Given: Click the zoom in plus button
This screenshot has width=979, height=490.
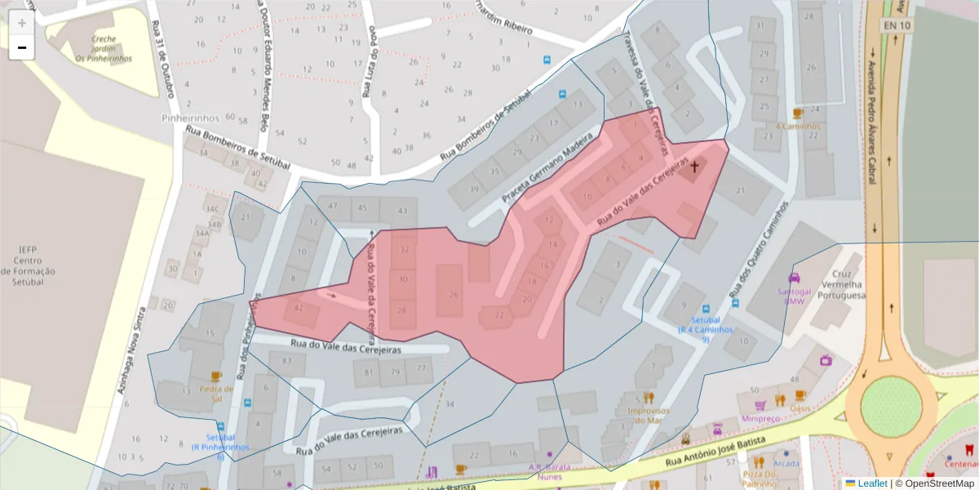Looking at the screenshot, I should click(x=22, y=23).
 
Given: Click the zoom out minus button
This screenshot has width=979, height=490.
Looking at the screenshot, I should click(x=22, y=48).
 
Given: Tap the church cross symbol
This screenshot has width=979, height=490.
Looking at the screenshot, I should click(x=695, y=167).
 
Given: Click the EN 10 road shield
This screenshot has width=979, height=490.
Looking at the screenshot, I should click(x=896, y=25).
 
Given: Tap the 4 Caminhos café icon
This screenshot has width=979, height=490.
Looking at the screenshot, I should click(x=798, y=114).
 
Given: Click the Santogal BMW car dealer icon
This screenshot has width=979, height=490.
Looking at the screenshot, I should click(x=794, y=278).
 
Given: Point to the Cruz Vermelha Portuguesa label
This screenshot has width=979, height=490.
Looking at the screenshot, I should click(x=847, y=285).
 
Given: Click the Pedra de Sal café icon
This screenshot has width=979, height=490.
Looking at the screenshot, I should click(x=216, y=376).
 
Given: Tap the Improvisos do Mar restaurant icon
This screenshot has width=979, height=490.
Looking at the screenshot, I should click(x=649, y=398).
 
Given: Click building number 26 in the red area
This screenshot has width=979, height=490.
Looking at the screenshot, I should click(x=454, y=295).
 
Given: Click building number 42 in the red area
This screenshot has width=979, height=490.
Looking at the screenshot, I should click(x=299, y=308).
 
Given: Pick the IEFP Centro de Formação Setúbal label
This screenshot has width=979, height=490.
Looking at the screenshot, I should click(x=28, y=265).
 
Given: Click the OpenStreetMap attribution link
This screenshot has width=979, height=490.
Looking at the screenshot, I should click(x=934, y=483).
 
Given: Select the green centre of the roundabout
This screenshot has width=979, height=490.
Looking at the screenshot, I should click(x=891, y=400).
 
